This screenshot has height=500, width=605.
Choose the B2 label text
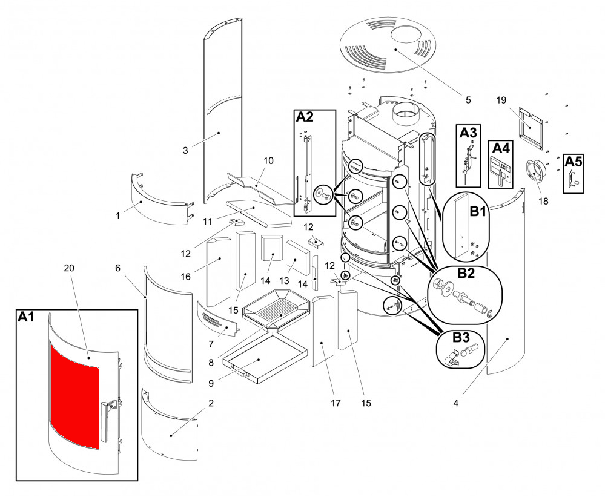pyautogui.click(x=465, y=273)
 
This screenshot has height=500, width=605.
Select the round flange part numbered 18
pyautogui.click(x=535, y=172)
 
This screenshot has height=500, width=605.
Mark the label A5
pyautogui.click(x=573, y=161)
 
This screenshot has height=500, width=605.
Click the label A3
pyautogui.click(x=468, y=131)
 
